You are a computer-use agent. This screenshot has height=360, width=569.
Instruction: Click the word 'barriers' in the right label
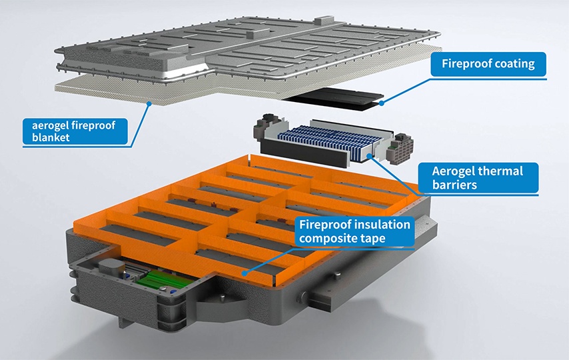454,185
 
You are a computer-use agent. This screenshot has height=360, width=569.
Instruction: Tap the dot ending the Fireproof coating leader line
382,103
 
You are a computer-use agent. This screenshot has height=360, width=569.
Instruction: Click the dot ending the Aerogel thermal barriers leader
363,154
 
